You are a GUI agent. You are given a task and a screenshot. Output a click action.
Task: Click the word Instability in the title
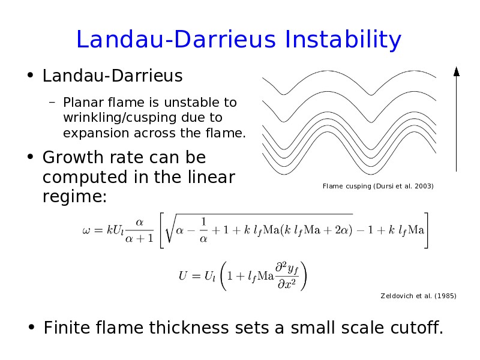[x=343, y=39]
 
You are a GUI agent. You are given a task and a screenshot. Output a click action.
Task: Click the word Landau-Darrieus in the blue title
[x=176, y=39]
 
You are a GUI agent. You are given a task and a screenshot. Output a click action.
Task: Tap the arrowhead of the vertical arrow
[x=457, y=71]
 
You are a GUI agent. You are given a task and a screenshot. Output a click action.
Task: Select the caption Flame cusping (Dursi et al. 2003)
[x=378, y=186]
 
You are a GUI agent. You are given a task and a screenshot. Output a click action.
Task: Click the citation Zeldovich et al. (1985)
[x=418, y=296]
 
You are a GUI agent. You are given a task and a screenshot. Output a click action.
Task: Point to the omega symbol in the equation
[x=86, y=230]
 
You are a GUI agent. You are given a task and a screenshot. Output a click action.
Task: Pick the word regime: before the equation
[x=74, y=197]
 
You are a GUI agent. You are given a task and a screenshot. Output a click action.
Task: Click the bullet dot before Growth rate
[x=30, y=157]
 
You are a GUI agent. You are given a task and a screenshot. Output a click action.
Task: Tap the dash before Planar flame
[x=52, y=103]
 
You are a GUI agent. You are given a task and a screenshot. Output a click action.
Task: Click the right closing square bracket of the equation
[x=426, y=230]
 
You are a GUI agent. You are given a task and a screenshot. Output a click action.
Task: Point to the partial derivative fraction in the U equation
[x=287, y=275]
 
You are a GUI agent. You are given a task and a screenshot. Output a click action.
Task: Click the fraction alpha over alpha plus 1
[x=139, y=230]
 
